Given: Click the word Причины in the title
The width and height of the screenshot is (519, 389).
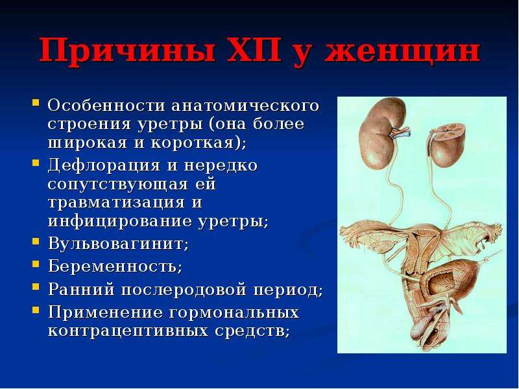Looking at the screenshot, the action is (128, 51).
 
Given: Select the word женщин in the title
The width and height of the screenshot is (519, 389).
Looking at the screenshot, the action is (402, 51).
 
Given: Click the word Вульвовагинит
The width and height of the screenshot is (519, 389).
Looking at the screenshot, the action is (116, 244).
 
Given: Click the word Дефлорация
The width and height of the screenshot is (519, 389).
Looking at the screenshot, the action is (104, 165).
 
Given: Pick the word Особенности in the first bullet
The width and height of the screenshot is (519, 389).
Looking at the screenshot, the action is (106, 106).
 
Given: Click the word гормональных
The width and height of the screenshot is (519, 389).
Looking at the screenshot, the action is (234, 312).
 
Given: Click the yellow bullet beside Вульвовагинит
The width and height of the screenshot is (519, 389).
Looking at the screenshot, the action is (36, 241).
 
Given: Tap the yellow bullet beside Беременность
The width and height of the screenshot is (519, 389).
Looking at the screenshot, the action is (36, 264).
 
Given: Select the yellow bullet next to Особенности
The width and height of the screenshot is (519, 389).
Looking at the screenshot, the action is (36, 102).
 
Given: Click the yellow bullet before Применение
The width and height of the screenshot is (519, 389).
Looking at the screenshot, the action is (36, 310).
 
